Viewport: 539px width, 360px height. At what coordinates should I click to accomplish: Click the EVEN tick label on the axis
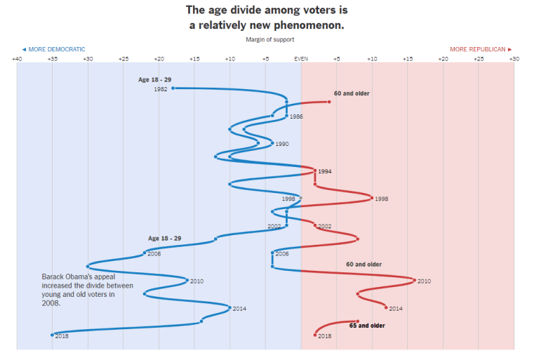300,59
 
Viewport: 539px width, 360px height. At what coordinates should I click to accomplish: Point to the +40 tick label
17,59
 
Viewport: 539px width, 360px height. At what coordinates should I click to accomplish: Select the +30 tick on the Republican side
514,59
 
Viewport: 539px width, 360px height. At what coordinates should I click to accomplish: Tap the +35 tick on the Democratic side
53,59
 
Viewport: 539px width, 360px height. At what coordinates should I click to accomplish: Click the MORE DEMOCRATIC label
53,49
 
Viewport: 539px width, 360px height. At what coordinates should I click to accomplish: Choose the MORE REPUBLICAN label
481,49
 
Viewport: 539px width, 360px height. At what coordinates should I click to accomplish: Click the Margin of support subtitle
270,39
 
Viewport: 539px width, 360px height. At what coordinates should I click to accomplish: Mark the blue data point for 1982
173,88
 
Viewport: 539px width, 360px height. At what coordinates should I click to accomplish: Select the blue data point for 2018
53,335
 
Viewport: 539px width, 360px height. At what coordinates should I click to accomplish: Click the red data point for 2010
414,280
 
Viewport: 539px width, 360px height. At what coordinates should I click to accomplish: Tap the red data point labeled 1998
372,199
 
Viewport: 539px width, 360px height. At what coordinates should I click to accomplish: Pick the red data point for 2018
315,335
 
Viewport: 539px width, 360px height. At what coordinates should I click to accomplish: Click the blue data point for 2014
229,307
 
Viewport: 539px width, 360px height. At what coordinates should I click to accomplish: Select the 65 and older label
367,326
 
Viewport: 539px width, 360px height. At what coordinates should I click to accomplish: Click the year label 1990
282,144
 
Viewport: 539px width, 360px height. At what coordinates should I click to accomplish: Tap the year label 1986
296,116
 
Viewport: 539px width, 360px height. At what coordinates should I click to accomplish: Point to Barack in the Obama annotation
53,276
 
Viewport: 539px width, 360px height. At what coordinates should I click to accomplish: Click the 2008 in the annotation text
51,304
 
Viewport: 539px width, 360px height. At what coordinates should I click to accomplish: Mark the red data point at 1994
315,171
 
